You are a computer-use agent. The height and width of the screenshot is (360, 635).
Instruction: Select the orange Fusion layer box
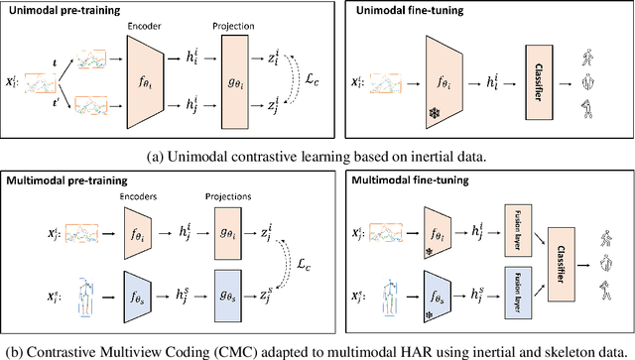click(513, 233)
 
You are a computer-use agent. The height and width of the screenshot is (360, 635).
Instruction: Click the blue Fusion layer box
click(513, 294)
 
